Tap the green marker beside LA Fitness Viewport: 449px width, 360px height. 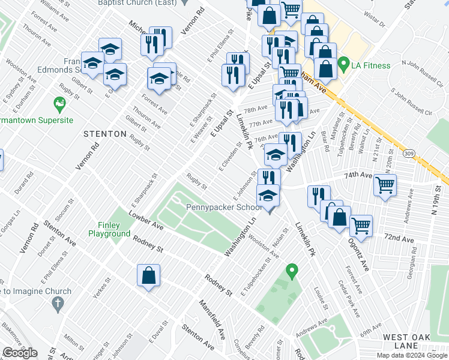[343, 62]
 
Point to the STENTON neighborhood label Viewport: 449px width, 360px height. [105, 134]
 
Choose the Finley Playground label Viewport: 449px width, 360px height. [110, 229]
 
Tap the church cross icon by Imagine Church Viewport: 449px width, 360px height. [58, 304]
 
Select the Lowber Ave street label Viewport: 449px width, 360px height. [145, 220]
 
